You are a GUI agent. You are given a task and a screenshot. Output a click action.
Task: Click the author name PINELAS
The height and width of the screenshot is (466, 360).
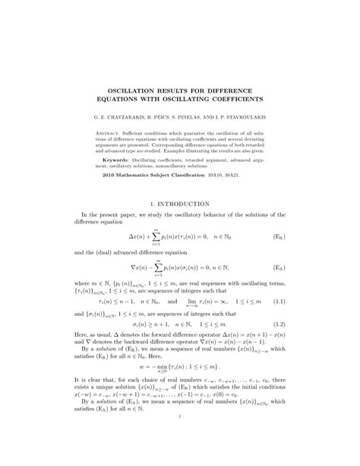point(193,117)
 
